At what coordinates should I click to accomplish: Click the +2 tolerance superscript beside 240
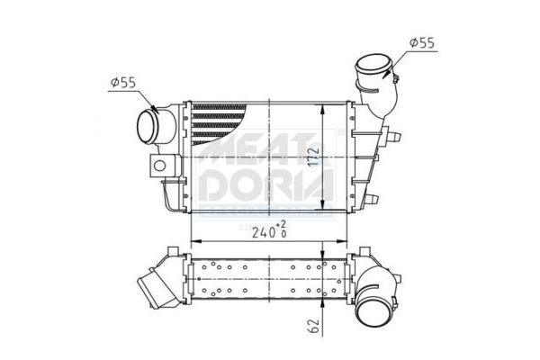click(282, 222)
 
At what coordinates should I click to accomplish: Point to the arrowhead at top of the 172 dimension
click(324, 105)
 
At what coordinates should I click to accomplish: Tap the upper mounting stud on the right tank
click(393, 137)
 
